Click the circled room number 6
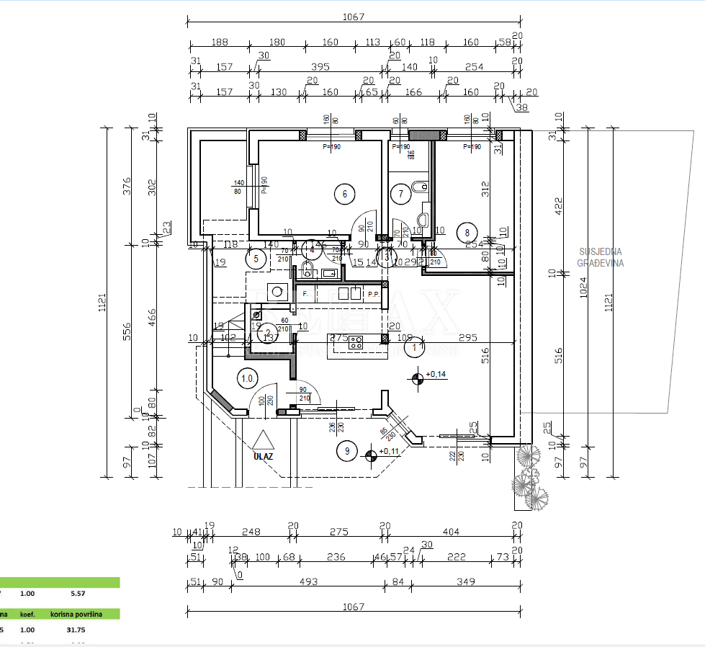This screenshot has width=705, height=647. pos(345,193)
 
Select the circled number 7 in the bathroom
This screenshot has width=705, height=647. pos(401,193)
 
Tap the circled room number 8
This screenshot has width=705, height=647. pos(467,233)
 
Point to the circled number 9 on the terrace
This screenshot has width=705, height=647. pos(347,451)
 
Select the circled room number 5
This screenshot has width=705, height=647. pos(255,258)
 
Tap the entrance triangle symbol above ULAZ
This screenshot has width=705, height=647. pos(264,440)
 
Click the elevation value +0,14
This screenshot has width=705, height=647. pos(437,375)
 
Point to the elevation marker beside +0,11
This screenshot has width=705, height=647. pos(372,455)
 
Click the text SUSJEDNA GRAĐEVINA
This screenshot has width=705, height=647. pos(600,257)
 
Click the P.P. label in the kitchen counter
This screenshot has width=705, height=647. pos(373,295)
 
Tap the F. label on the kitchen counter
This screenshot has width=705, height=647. pos(305,295)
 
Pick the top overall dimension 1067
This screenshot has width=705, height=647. pos(353,17)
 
